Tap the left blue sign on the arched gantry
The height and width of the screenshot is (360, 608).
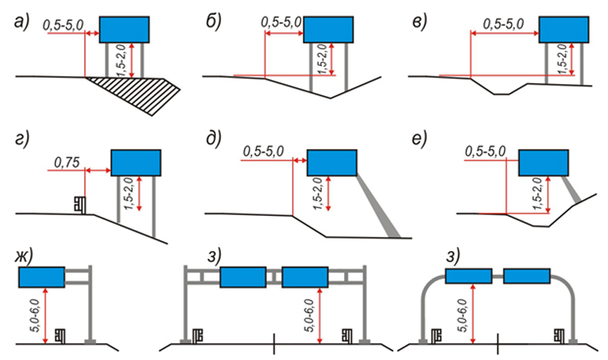tap(468, 276)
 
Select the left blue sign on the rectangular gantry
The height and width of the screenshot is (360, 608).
tap(243, 278)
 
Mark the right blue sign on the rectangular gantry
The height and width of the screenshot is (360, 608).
tap(305, 278)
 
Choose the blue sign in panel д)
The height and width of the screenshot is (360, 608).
tap(332, 162)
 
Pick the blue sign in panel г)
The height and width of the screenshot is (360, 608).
tap(136, 162)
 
